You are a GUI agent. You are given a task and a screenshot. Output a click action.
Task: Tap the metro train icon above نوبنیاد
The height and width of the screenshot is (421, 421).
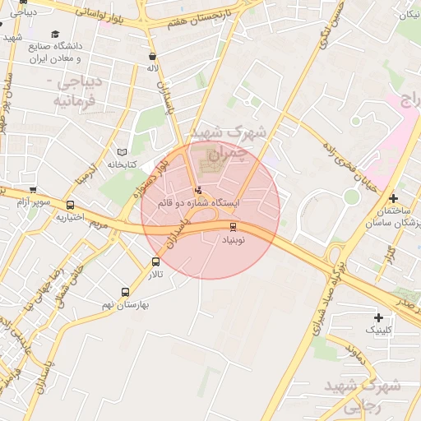(233, 227)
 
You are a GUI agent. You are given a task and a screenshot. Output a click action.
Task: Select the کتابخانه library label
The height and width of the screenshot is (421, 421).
(121, 164)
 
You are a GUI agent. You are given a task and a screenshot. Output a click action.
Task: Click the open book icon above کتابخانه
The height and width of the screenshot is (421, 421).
(122, 152)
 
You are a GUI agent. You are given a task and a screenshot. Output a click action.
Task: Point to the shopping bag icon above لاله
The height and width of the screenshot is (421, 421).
(152, 57)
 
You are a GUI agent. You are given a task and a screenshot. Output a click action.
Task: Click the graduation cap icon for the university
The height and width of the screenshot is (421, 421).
(55, 35)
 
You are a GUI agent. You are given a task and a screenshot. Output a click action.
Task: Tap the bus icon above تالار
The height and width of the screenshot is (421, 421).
(156, 261)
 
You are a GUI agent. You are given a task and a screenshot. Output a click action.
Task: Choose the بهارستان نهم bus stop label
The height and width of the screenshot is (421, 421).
(126, 304)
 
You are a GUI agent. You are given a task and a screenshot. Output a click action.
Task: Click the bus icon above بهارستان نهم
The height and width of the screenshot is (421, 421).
(125, 292)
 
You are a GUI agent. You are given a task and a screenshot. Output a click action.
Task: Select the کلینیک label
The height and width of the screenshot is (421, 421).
(379, 331)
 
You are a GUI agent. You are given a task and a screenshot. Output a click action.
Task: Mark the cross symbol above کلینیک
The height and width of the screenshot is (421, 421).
(378, 317)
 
